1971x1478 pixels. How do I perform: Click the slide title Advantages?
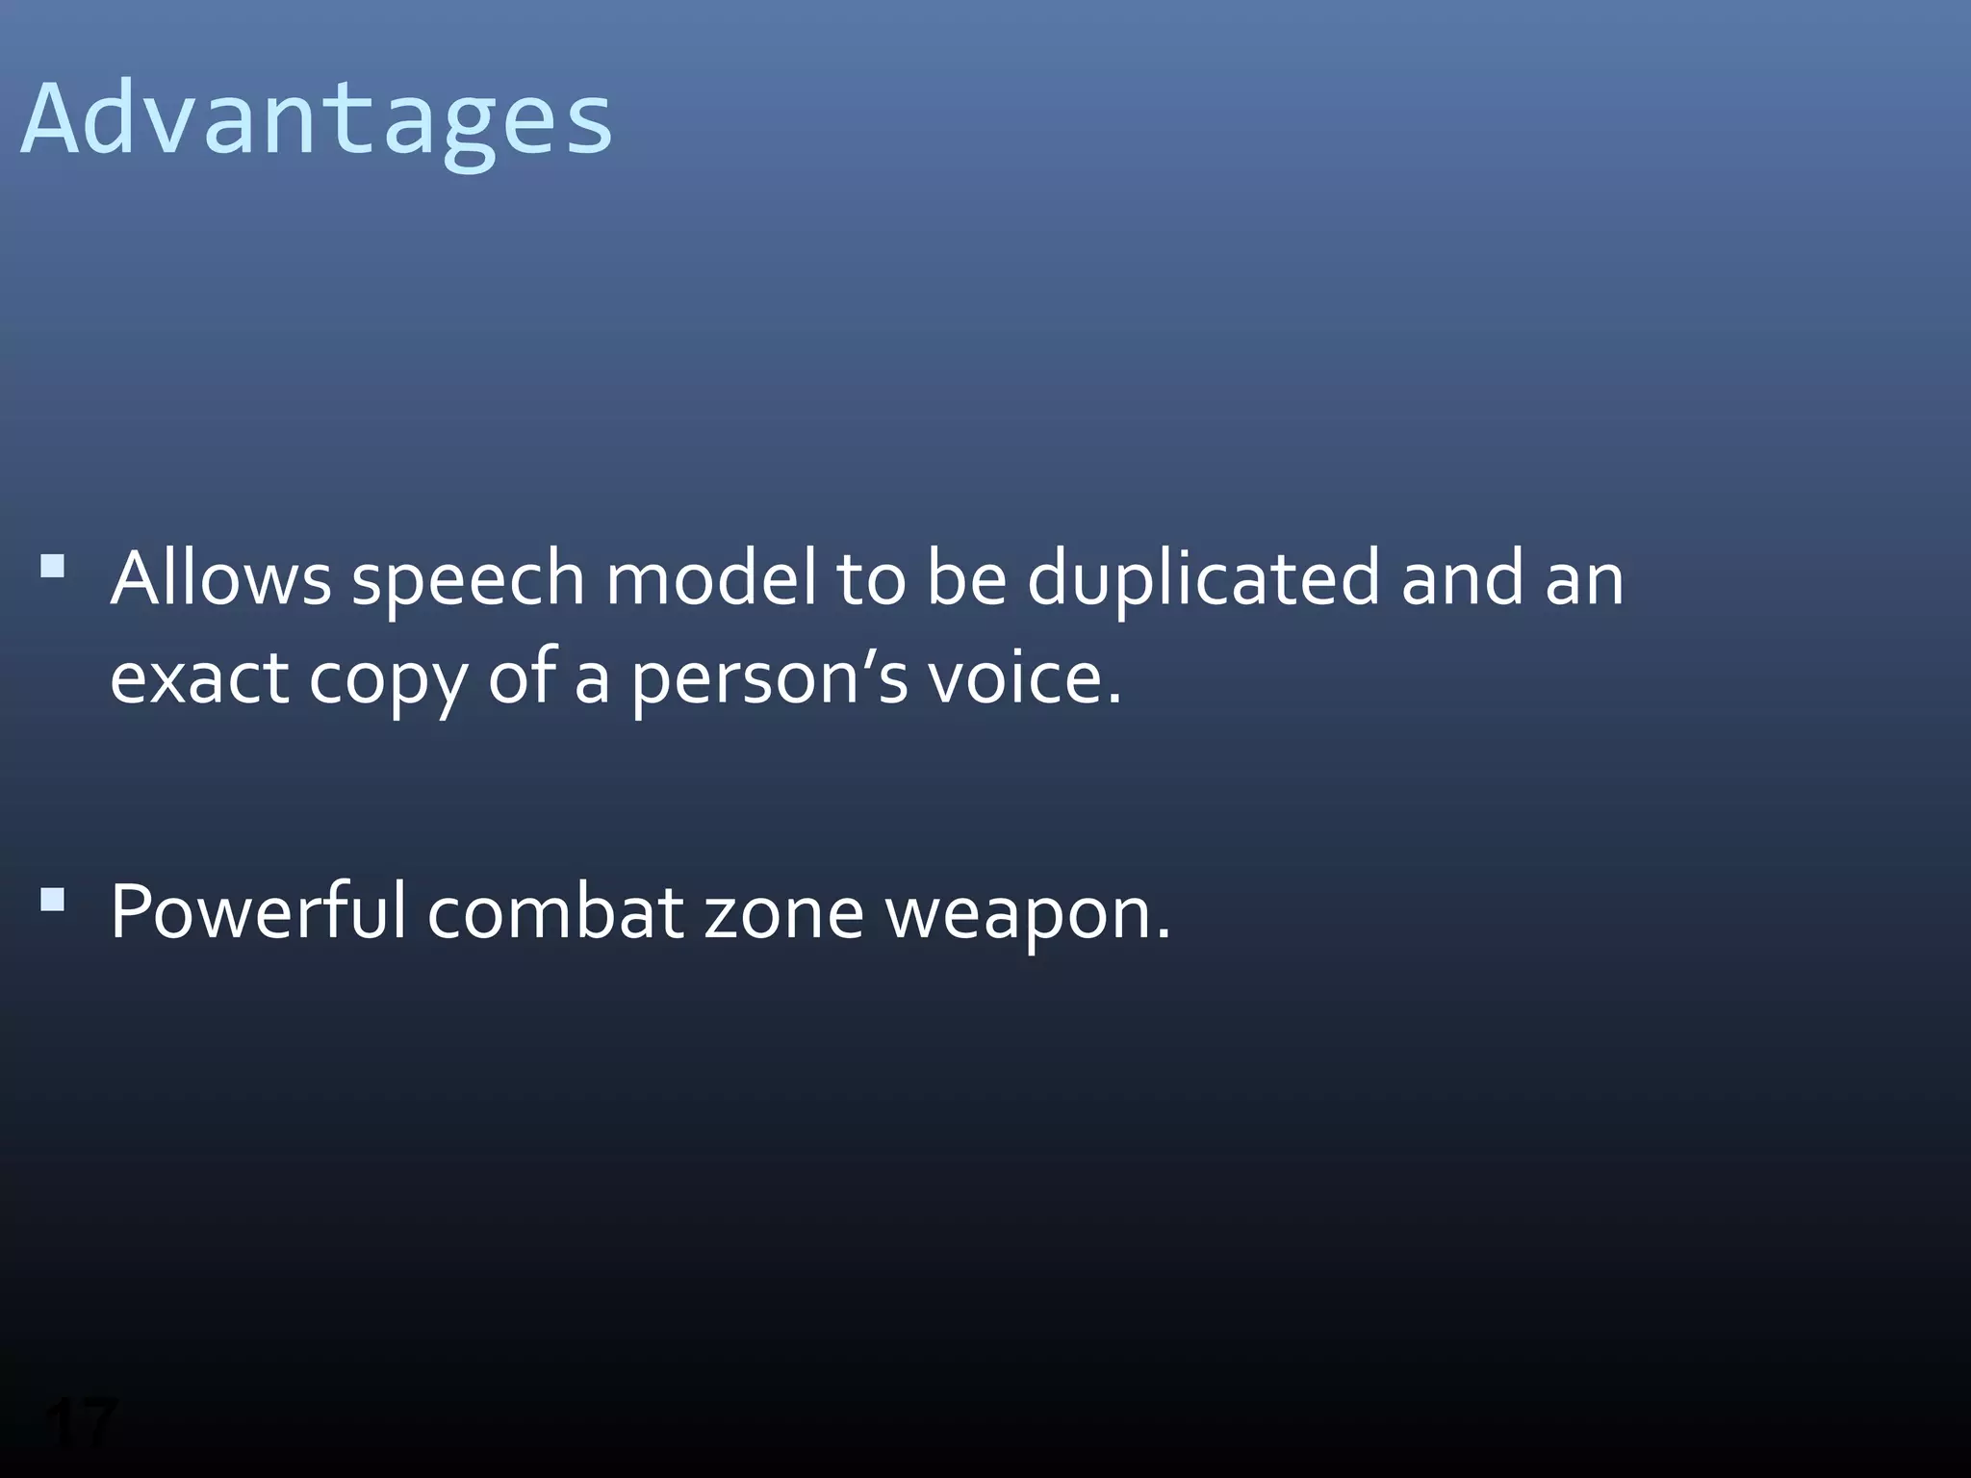(x=316, y=119)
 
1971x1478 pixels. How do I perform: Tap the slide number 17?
(x=81, y=1422)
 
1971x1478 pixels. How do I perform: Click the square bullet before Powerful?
(x=53, y=900)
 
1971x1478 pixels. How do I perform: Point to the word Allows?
(x=220, y=578)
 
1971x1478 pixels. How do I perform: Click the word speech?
(x=468, y=580)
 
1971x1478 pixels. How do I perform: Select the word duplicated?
(x=1203, y=580)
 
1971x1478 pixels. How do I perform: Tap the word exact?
(x=199, y=677)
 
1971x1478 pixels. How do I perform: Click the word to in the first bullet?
(x=870, y=580)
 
